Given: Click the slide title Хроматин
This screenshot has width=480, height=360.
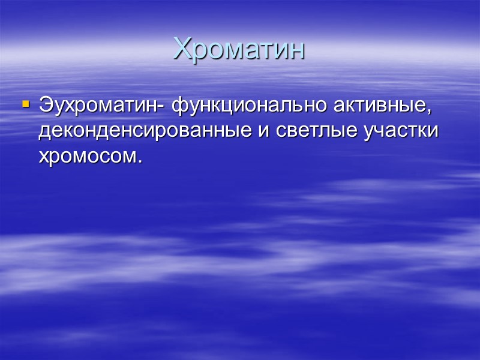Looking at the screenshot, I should coord(239,49).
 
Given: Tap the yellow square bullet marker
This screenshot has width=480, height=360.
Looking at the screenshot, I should coord(25,104).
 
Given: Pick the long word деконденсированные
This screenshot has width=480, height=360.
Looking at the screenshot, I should coord(146,131).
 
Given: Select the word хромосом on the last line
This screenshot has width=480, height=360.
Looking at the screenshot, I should coord(88,157).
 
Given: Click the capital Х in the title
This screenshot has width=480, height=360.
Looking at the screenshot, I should coord(181,49).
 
